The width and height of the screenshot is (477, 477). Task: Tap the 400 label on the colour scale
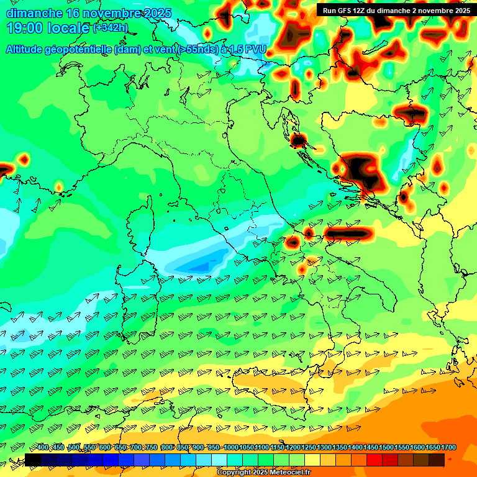pyautogui.click(x=43, y=448)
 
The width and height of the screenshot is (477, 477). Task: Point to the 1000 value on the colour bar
pyautogui.click(x=230, y=448)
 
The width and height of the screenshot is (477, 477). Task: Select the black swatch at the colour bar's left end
pyautogui.click(x=33, y=460)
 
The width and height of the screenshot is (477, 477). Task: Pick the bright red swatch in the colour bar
pyautogui.click(x=375, y=460)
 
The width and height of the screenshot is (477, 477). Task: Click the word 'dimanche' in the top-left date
pyautogui.click(x=34, y=13)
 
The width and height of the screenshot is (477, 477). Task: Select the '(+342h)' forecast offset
pyautogui.click(x=111, y=28)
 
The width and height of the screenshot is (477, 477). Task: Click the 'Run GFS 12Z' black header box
pyautogui.click(x=396, y=10)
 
